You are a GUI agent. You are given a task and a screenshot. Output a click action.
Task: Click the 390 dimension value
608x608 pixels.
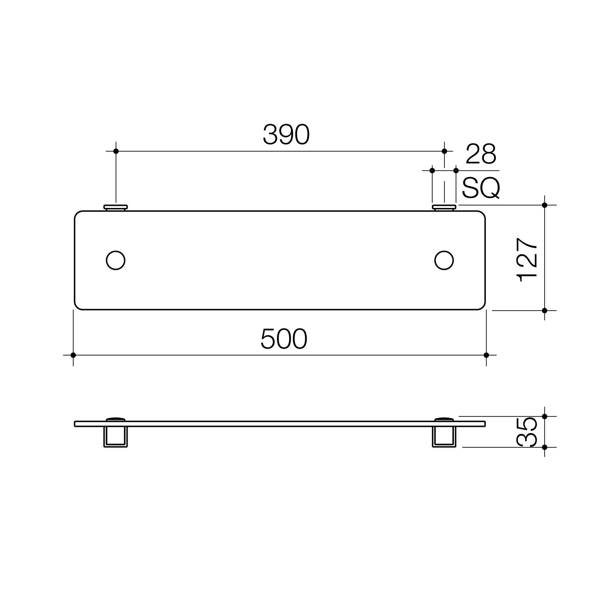pos(286,135)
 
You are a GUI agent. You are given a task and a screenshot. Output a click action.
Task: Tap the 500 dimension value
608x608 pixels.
pos(284,339)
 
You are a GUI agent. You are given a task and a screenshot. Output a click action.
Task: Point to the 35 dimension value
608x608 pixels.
pos(527,432)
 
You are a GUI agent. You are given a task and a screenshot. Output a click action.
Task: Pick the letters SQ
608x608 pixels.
pos(481,188)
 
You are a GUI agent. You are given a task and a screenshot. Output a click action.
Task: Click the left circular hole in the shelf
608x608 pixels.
pos(116,260)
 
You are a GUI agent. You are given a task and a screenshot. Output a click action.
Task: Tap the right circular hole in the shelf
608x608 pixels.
pos(444,260)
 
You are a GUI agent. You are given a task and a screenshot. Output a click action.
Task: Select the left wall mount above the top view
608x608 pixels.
pos(116,207)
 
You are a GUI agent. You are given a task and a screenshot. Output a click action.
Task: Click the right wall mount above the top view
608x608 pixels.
pos(444,207)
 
